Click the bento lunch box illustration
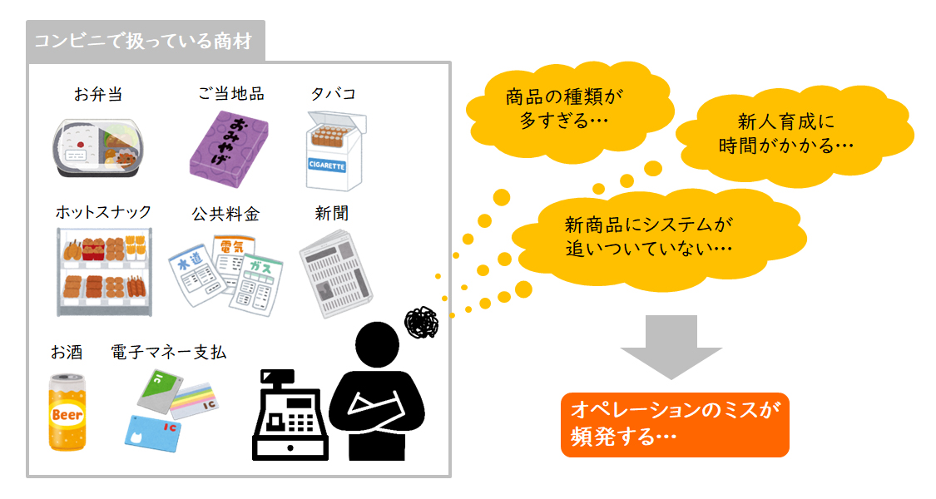click(x=98, y=147)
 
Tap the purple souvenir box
click(x=229, y=149)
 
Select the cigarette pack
click(x=335, y=151)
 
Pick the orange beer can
click(x=67, y=412)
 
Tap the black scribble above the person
click(x=422, y=323)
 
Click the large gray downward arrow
click(x=671, y=347)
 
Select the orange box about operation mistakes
click(x=675, y=424)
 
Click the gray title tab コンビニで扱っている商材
click(x=146, y=41)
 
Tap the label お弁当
click(x=98, y=94)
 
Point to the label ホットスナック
click(x=103, y=212)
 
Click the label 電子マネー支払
click(x=169, y=352)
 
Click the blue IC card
click(x=153, y=433)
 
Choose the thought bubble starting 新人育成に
click(x=793, y=135)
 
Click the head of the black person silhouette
click(x=377, y=344)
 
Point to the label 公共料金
click(x=225, y=215)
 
